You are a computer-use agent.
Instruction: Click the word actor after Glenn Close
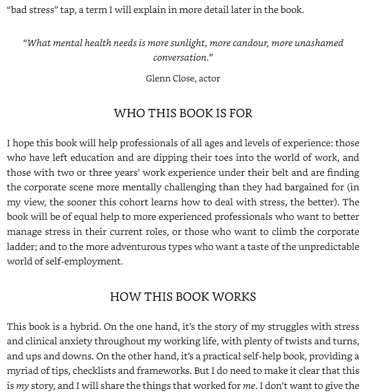pos(208,79)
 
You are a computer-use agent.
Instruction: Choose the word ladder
pos(21,247)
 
